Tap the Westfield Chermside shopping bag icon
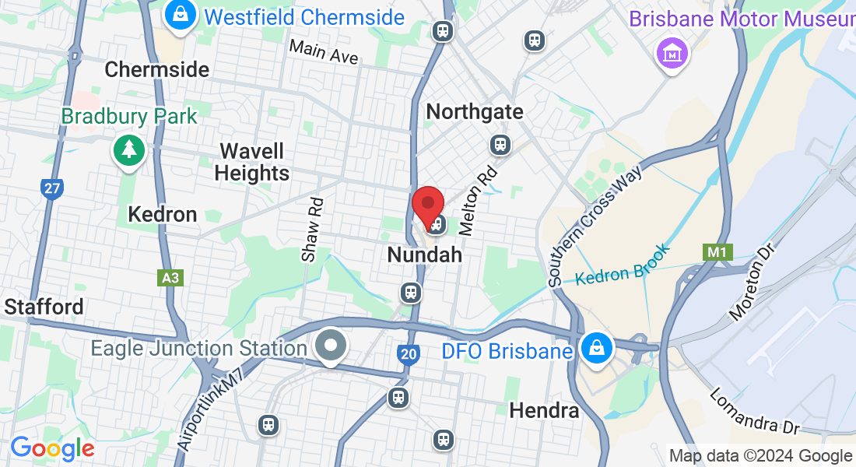tap(180, 16)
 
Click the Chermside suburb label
tap(156, 69)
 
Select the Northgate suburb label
tap(475, 112)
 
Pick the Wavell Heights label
tap(251, 162)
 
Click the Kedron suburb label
tap(163, 214)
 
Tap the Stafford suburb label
tap(44, 307)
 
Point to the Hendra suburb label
tap(544, 410)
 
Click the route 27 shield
tap(51, 188)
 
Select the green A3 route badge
tap(170, 278)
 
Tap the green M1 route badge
tap(714, 252)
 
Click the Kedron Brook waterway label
tap(623, 266)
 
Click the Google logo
tap(52, 448)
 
